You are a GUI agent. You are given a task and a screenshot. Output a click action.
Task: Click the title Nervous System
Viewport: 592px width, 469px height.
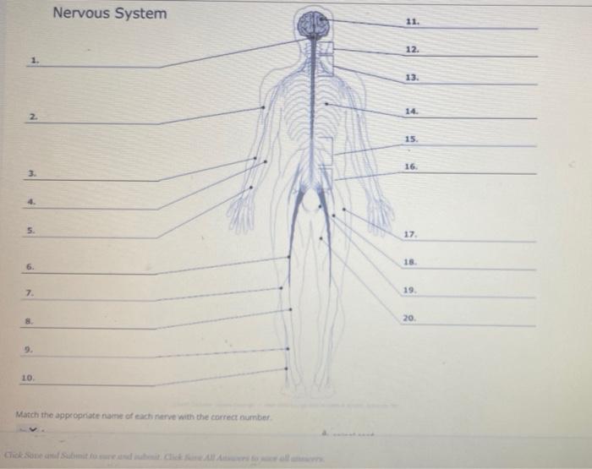point(110,14)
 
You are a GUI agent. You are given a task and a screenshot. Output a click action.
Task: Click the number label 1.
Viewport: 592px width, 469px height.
point(33,59)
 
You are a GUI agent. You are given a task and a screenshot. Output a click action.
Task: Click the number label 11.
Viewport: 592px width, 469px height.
point(412,20)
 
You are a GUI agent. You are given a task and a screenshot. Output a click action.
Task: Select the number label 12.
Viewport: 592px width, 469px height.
point(412,50)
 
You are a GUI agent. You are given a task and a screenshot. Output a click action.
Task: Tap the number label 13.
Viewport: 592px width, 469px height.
point(412,76)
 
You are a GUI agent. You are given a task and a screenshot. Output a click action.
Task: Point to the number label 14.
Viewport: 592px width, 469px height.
point(412,111)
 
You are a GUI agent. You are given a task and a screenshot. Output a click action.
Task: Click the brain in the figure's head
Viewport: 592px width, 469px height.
point(313,25)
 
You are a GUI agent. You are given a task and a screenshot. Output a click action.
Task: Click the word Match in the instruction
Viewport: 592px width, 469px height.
point(28,417)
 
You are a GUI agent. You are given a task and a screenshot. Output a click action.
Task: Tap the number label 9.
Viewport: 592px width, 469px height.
point(28,349)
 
